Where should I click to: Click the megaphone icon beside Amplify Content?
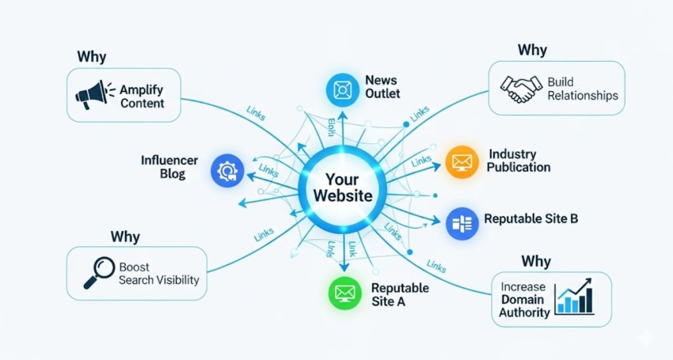93,96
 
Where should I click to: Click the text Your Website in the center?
342,187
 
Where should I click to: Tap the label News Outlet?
382,87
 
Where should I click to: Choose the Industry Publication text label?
519,160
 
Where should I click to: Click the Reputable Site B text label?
531,219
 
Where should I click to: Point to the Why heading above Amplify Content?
91,56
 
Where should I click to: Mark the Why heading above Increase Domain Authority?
536,261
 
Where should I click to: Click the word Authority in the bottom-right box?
524,312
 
